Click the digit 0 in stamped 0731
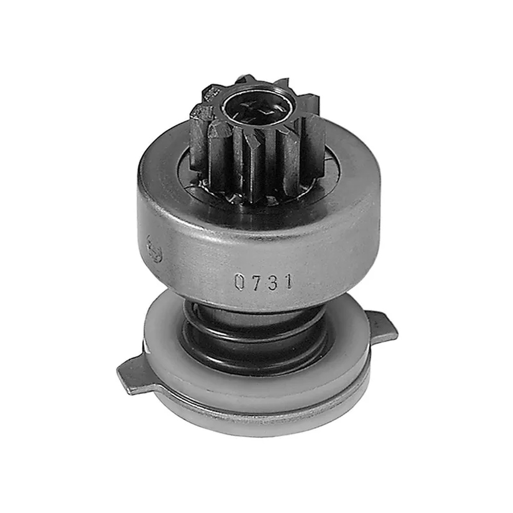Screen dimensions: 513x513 [x=240, y=283]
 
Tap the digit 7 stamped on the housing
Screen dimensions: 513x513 [x=256, y=282]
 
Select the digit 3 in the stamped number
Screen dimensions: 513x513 [x=273, y=282]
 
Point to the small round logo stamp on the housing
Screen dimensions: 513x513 [x=154, y=250]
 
